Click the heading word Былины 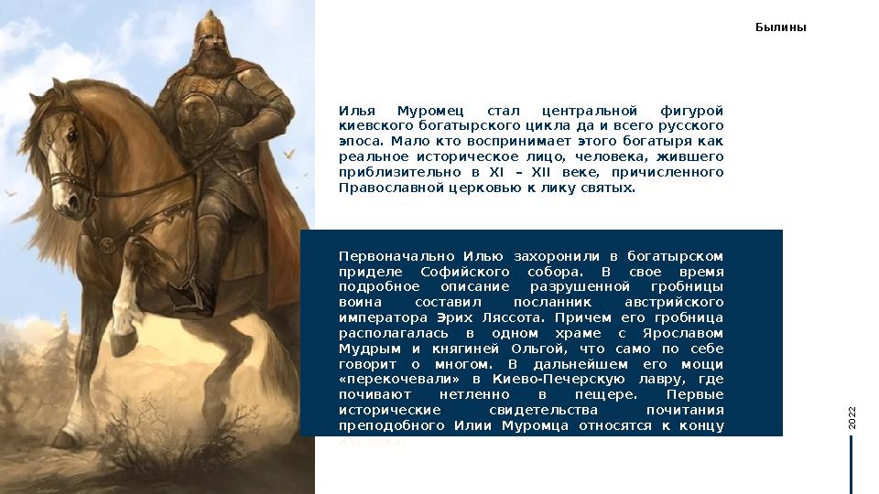(x=780, y=27)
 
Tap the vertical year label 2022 (x=852, y=418)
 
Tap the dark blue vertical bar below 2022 (x=852, y=465)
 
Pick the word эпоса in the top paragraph (x=361, y=141)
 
